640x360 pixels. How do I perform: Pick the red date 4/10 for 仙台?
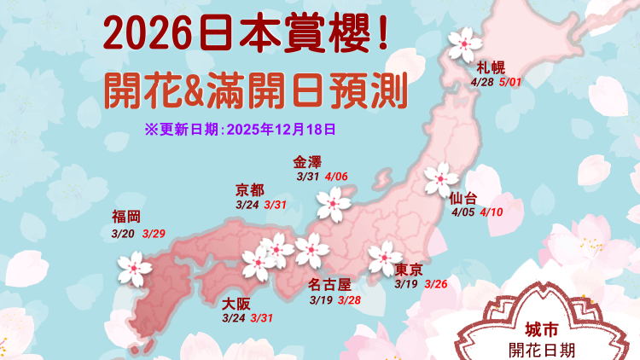pyautogui.click(x=492, y=212)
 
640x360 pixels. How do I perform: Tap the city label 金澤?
pyautogui.click(x=308, y=162)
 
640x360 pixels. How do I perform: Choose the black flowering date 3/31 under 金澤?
pyautogui.click(x=307, y=177)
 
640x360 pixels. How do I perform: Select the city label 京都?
pyautogui.click(x=250, y=190)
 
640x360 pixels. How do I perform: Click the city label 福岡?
pyautogui.click(x=126, y=216)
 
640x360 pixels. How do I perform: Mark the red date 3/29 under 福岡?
pyautogui.click(x=154, y=233)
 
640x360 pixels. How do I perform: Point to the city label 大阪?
pyautogui.click(x=236, y=304)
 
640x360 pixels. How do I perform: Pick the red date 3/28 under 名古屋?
pyautogui.click(x=350, y=300)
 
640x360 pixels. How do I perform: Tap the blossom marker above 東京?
pyautogui.click(x=386, y=258)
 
